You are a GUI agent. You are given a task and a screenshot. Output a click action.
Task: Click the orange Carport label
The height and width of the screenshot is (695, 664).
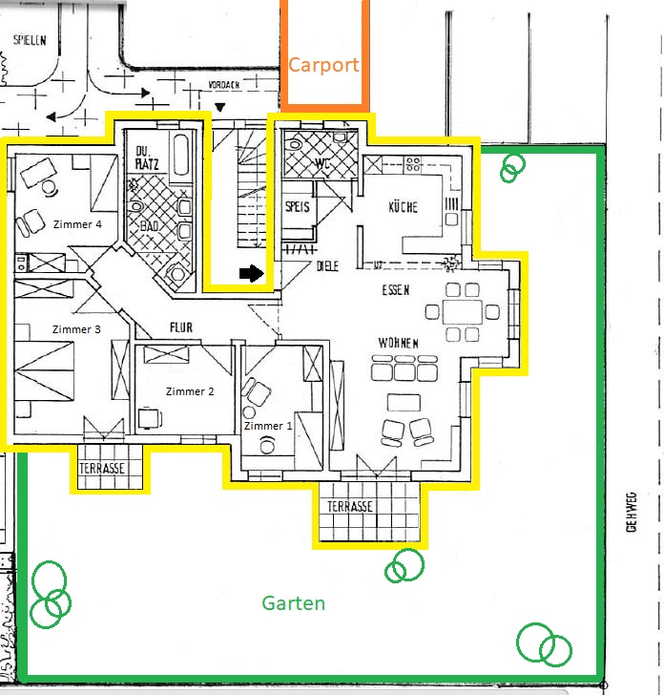click(x=323, y=66)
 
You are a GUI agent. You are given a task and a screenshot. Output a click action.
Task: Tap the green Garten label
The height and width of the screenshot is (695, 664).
click(x=293, y=603)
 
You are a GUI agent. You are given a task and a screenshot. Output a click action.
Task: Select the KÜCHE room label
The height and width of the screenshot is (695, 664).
click(x=404, y=207)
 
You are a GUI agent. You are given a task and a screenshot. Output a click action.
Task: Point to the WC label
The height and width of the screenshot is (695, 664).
click(x=322, y=164)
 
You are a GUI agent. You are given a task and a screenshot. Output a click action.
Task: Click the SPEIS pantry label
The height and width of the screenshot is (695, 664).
click(x=298, y=206)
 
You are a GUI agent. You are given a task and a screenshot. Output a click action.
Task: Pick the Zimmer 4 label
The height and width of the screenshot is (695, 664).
click(x=77, y=224)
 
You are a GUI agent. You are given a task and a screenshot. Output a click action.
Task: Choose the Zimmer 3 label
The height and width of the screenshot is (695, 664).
click(x=76, y=329)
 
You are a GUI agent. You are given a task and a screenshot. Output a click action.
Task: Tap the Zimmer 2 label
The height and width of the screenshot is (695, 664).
click(x=190, y=391)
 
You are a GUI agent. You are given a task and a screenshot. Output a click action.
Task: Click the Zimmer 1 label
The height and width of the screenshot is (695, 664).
click(x=268, y=426)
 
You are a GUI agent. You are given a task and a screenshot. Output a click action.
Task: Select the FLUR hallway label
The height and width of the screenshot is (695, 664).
click(x=181, y=327)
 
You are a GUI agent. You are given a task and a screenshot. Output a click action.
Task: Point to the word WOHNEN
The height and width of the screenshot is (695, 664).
click(x=398, y=343)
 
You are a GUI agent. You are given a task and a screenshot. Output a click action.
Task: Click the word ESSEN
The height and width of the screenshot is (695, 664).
click(x=396, y=290)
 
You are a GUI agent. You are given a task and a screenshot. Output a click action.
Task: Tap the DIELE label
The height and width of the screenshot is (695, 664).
click(x=327, y=266)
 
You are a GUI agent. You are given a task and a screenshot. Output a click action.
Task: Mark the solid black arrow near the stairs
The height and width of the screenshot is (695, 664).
click(x=252, y=273)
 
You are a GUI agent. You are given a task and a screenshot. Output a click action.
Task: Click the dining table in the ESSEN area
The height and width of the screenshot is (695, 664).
click(x=463, y=312)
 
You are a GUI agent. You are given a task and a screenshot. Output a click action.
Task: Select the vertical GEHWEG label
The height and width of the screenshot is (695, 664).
click(x=632, y=512)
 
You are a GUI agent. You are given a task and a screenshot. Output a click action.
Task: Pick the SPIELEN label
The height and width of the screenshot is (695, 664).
click(x=30, y=40)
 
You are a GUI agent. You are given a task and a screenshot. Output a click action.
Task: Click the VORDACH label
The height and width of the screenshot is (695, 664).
click(x=223, y=85)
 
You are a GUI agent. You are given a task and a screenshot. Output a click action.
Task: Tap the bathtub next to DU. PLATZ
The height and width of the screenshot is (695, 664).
click(x=181, y=155)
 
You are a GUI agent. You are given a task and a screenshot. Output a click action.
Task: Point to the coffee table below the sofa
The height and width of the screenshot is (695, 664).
click(x=404, y=403)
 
